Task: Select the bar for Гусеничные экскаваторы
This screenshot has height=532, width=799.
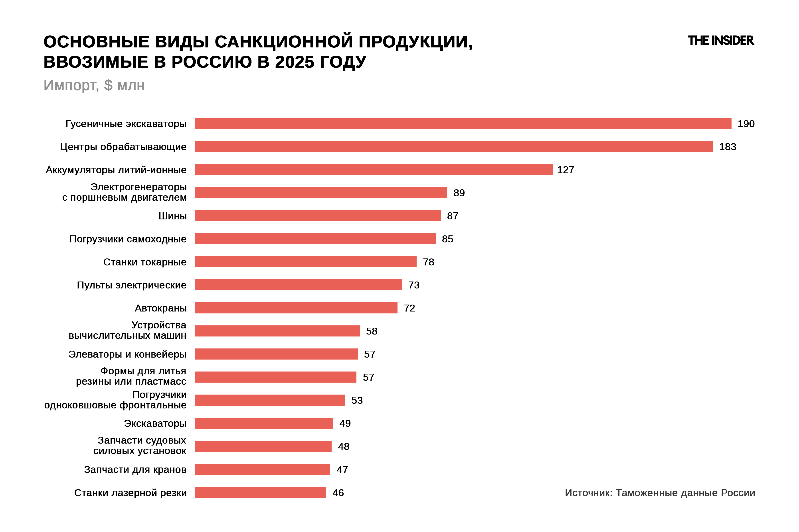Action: (x=463, y=123)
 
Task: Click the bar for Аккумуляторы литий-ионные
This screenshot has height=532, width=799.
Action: (x=374, y=170)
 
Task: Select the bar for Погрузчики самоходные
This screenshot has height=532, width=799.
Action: (x=315, y=239)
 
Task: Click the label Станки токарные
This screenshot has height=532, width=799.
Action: (x=145, y=262)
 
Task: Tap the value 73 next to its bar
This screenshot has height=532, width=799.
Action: (x=414, y=285)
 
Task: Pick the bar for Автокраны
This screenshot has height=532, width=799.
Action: (x=296, y=308)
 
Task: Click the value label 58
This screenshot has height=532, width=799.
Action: (x=372, y=331)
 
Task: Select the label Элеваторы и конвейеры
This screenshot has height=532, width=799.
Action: (x=127, y=354)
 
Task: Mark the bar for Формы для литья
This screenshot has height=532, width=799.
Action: (x=276, y=377)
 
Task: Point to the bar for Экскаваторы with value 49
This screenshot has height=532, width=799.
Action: (x=264, y=423)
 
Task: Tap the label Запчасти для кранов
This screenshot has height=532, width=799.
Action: (x=135, y=469)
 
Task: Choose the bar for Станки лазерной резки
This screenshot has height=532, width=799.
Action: (x=261, y=493)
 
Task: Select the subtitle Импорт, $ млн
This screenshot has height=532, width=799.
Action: (x=94, y=86)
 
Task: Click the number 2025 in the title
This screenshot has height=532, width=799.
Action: (x=295, y=62)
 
